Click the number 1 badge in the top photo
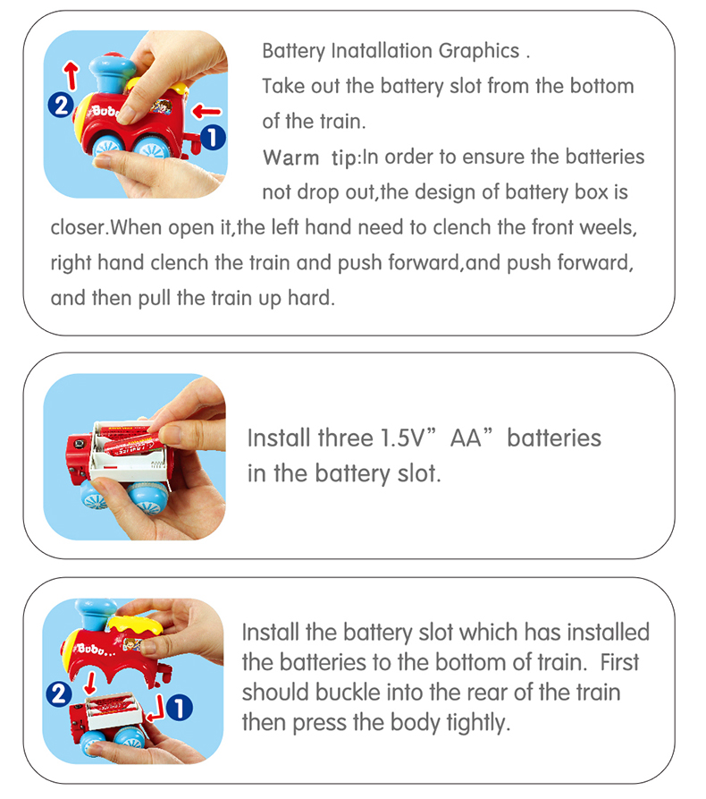pyautogui.click(x=213, y=138)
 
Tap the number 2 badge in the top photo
pyautogui.click(x=61, y=105)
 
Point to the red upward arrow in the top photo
pyautogui.click(x=71, y=75)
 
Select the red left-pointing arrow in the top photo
pyautogui.click(x=206, y=111)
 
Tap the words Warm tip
pyautogui.click(x=310, y=157)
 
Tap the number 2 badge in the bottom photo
pyautogui.click(x=59, y=693)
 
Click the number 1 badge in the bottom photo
pyautogui.click(x=179, y=708)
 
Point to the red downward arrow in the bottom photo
pyautogui.click(x=90, y=683)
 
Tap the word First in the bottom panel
pyautogui.click(x=619, y=662)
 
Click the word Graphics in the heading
pyautogui.click(x=478, y=52)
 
